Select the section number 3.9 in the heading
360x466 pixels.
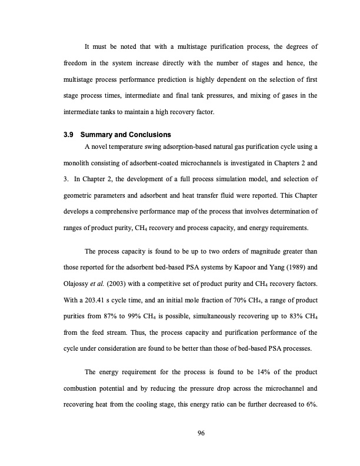[69, 135]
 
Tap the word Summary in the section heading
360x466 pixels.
[94, 135]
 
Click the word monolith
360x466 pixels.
[78, 162]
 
